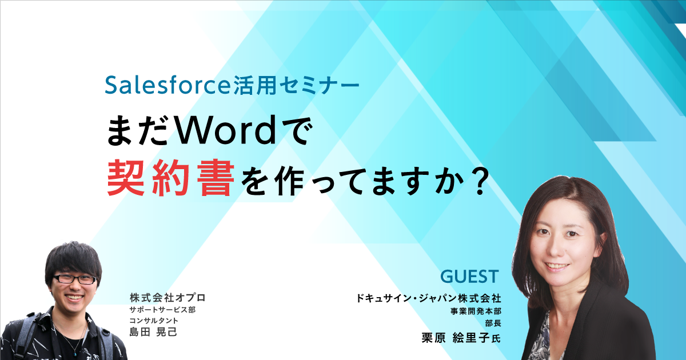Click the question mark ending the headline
(x=476, y=182)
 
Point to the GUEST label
(x=469, y=277)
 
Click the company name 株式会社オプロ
(x=167, y=297)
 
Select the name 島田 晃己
(x=153, y=332)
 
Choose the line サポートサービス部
(x=162, y=310)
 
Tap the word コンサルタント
(x=154, y=321)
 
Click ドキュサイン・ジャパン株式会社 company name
(x=428, y=298)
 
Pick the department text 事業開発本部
(x=476, y=311)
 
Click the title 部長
(x=493, y=323)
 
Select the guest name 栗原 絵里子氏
(x=461, y=338)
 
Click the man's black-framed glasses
(x=74, y=279)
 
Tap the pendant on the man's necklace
(x=75, y=353)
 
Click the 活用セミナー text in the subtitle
(x=296, y=85)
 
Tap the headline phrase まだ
(x=138, y=131)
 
